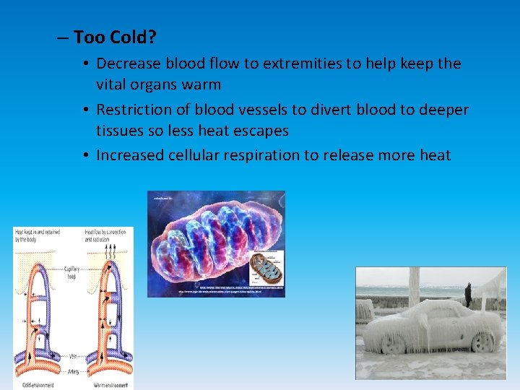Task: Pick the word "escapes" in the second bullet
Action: [x=261, y=131]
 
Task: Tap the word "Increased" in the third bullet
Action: [x=131, y=155]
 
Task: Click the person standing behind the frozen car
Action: [x=468, y=295]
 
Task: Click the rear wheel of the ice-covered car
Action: [x=480, y=341]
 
